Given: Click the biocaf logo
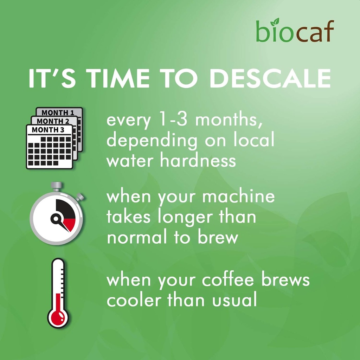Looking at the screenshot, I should (295, 31).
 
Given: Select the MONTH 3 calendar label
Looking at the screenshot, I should (48, 129).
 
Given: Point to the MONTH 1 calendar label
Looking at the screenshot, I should (58, 112).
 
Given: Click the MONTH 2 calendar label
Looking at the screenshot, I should (53, 121).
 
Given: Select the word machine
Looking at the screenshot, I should (239, 197).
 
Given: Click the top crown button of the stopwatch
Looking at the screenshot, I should (56, 185).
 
